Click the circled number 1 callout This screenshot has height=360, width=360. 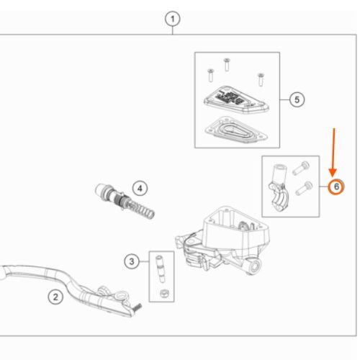(x=173, y=19)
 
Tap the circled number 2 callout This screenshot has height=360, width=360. (x=55, y=297)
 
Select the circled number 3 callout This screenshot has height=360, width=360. (x=132, y=261)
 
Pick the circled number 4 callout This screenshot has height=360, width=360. (x=140, y=189)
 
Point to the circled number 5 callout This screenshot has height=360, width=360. (x=297, y=99)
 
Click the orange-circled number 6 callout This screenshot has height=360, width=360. (x=336, y=186)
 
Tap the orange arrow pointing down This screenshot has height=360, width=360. (x=333, y=153)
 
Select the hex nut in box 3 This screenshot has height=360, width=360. (x=164, y=293)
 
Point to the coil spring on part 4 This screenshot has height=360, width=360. (x=143, y=209)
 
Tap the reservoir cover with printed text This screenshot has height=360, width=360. (x=236, y=99)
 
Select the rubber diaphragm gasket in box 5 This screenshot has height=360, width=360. (x=236, y=130)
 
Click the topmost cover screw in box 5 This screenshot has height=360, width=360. (x=227, y=64)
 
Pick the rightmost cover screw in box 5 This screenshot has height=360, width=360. (x=261, y=79)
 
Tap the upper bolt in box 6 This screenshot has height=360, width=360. (x=301, y=168)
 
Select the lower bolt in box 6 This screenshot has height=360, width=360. (x=304, y=189)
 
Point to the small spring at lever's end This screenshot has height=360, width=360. (x=138, y=307)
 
